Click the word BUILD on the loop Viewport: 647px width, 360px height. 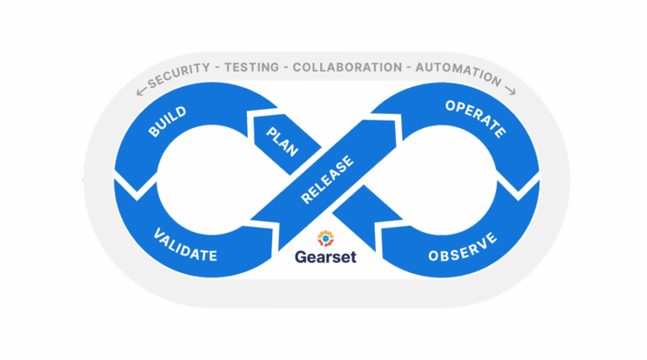coord(167,123)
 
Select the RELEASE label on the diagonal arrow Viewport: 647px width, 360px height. coord(328,180)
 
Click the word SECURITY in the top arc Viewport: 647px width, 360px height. coord(178,77)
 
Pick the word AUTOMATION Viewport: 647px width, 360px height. coord(456,75)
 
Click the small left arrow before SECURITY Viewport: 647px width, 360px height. coord(141,90)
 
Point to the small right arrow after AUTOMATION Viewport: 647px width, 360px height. coord(510,89)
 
